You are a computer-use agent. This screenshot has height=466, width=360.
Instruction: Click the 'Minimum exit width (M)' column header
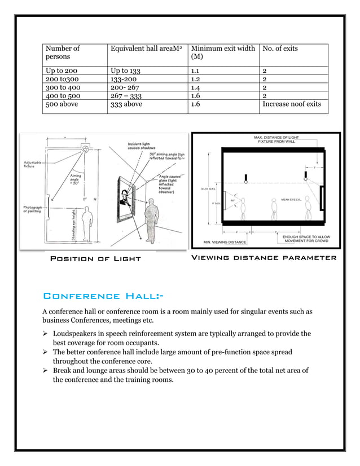point(222,53)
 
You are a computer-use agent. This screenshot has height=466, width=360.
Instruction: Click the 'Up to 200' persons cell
point(63,72)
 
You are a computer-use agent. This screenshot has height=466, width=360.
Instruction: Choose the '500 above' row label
point(62,104)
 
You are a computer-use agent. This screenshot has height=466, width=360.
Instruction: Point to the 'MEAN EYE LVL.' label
point(293,200)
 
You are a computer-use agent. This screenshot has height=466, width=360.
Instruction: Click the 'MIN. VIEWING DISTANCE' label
point(225,243)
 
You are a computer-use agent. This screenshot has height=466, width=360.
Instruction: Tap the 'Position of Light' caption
point(95,258)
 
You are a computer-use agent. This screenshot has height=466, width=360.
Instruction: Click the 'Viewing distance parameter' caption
point(264,258)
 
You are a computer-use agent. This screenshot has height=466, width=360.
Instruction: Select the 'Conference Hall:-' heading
point(104,296)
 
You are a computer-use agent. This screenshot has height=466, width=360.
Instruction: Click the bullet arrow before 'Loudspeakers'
point(46,334)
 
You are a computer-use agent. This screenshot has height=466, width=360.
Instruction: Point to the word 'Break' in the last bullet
point(63,370)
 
